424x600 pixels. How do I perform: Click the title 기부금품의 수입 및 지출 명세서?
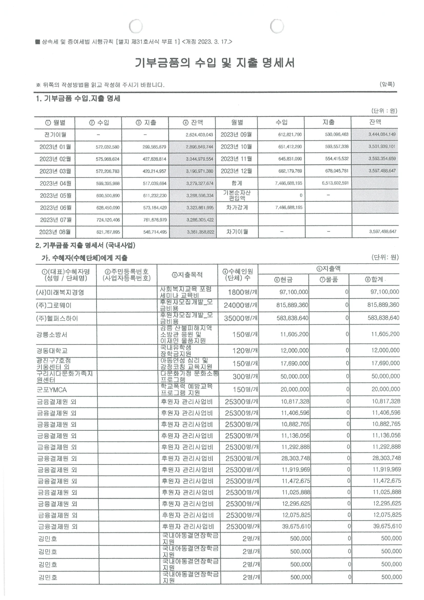(x=215, y=63)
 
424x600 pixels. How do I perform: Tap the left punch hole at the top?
(x=135, y=26)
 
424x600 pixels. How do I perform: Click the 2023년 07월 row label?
(x=55, y=220)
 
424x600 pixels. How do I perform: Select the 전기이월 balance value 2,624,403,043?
(x=199, y=135)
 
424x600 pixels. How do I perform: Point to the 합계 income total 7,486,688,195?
(x=288, y=183)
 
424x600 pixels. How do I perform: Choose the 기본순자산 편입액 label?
(x=237, y=195)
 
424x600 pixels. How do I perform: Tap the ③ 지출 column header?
(x=146, y=123)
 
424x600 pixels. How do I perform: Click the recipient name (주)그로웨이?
(x=54, y=305)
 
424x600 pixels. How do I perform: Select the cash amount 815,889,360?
(x=292, y=305)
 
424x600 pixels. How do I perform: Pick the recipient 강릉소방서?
(x=52, y=335)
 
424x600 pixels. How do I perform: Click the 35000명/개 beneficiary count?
(x=241, y=318)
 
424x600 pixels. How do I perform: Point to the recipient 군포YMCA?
(x=52, y=390)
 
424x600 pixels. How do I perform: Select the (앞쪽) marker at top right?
(x=387, y=84)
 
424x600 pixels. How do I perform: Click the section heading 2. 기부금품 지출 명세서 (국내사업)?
(x=85, y=245)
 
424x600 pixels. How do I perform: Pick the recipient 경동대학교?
(x=52, y=351)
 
